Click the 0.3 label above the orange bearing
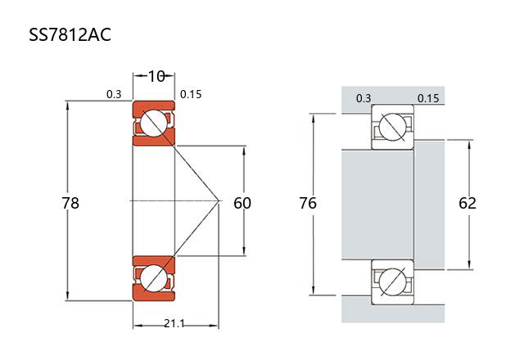(x=114, y=94)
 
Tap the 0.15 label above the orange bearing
(x=191, y=94)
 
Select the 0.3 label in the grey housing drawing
(x=364, y=99)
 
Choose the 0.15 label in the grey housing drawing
(x=428, y=99)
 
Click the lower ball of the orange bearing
(x=153, y=277)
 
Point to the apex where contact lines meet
(x=219, y=200)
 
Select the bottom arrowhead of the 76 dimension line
(x=314, y=291)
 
